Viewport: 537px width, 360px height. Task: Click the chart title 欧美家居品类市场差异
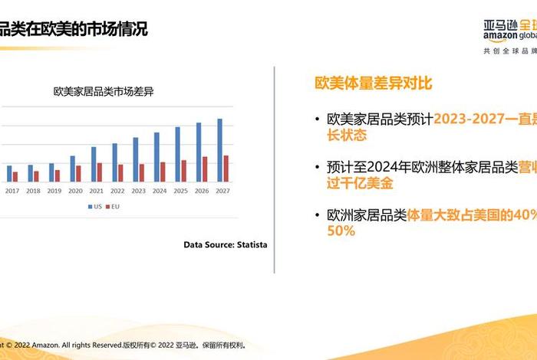click(104, 91)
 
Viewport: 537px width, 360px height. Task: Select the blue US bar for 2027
click(220, 150)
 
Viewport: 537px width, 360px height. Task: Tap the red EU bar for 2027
click(226, 169)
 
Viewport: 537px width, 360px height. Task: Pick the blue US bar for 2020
click(73, 169)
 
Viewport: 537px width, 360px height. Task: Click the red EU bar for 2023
click(141, 172)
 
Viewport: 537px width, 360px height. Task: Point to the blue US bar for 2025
click(178, 154)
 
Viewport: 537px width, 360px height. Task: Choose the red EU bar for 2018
click(36, 176)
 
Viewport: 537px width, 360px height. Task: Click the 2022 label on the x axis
click(117, 191)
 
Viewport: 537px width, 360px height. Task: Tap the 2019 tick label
click(54, 191)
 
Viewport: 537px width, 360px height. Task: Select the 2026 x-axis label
click(202, 191)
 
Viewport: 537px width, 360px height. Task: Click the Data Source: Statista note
click(226, 244)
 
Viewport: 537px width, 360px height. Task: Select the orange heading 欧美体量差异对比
click(368, 83)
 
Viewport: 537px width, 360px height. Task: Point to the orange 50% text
click(341, 231)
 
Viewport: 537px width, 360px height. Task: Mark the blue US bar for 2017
click(10, 173)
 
